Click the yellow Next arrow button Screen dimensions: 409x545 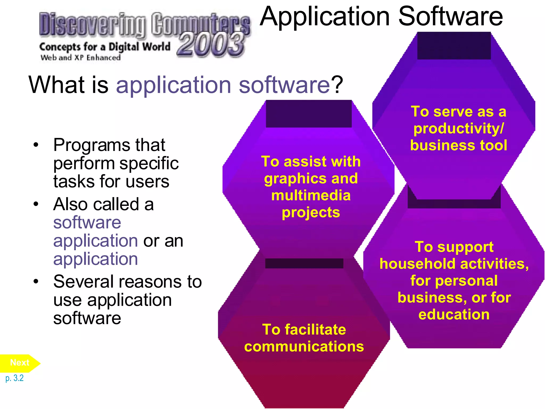pos(19,363)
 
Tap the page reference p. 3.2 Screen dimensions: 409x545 pos(14,378)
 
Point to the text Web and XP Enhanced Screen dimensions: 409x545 pos(80,58)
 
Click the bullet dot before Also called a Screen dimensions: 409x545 pos(36,204)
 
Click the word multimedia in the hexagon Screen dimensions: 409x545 pos(311,196)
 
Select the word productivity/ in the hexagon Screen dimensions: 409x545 pos(458,129)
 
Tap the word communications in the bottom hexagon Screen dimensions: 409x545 pos(304,347)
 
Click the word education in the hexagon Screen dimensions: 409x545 pos(454,314)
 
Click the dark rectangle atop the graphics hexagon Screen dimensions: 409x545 pos(309,114)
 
